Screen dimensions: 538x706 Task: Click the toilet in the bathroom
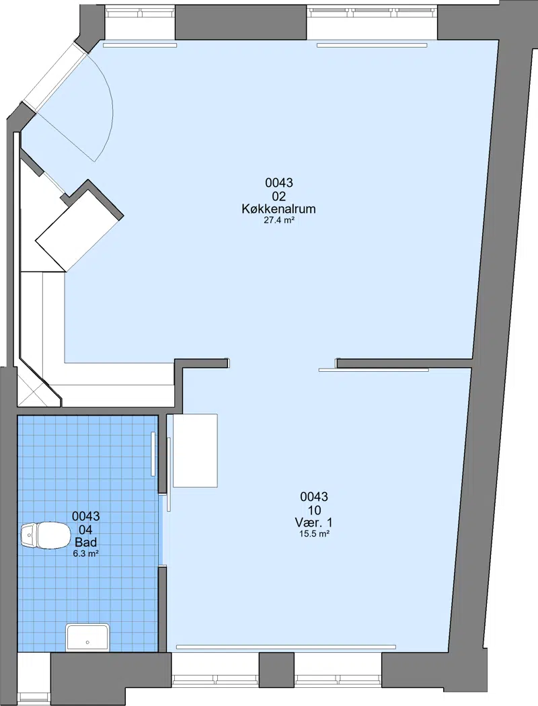(46, 535)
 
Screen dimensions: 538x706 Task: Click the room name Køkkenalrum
(278, 209)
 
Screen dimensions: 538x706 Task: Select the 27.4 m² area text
(278, 221)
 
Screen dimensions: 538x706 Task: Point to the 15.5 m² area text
(314, 535)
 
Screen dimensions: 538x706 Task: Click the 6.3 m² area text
(85, 553)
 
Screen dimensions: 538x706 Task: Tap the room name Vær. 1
(314, 522)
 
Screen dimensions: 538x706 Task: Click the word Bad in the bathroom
(85, 542)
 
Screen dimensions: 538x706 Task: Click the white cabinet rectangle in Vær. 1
(196, 450)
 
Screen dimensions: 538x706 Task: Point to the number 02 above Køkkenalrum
(278, 196)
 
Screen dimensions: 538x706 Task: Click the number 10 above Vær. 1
(314, 510)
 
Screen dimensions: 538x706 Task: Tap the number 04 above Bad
(85, 529)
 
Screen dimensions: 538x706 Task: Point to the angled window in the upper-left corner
(54, 77)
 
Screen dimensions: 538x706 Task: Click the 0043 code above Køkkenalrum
(278, 183)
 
